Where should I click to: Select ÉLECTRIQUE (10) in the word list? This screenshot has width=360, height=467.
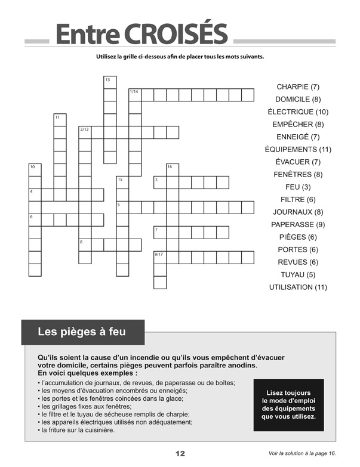pyautogui.click(x=298, y=112)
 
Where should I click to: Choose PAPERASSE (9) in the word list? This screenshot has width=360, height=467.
pyautogui.click(x=298, y=224)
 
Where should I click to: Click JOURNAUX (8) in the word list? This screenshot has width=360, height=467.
pyautogui.click(x=298, y=212)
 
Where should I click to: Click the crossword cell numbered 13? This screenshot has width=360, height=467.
pyautogui.click(x=110, y=82)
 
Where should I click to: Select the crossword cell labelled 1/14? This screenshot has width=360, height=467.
pyautogui.click(x=135, y=95)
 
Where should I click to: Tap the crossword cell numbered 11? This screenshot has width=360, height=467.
pyautogui.click(x=60, y=120)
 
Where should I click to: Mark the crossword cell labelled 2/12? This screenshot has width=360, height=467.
pyautogui.click(x=85, y=132)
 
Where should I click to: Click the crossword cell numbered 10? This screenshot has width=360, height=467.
pyautogui.click(x=35, y=170)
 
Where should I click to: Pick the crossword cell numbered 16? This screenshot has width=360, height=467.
pyautogui.click(x=173, y=170)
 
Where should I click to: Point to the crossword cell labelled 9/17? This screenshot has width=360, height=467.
pyautogui.click(x=160, y=257)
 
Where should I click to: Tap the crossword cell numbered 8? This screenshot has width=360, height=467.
pyautogui.click(x=85, y=245)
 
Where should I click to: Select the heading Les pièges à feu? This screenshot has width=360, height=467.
pyautogui.click(x=82, y=331)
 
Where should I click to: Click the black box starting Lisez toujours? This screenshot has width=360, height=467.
pyautogui.click(x=289, y=405)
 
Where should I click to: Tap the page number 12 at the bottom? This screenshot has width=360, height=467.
pyautogui.click(x=180, y=454)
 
